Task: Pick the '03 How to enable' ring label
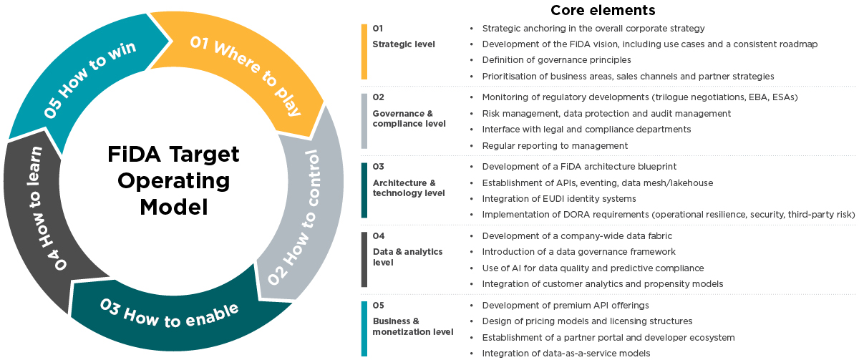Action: (170, 312)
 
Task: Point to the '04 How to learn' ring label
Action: (47, 208)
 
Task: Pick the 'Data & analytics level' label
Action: (408, 257)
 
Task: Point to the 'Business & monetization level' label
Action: (413, 326)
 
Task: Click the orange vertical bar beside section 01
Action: (364, 52)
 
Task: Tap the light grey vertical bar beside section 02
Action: (364, 120)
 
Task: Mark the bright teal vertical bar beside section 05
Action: (364, 329)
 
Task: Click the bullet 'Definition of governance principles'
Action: (556, 60)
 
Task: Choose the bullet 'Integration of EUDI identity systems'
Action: (559, 198)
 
